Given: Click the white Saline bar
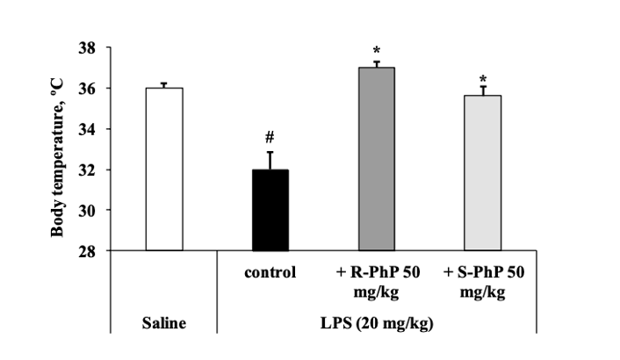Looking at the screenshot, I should point(164,169).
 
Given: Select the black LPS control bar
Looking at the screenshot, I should point(270,211).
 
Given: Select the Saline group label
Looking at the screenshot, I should point(164,324).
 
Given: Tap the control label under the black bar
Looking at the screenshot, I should point(270,272).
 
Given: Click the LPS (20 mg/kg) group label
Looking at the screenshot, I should point(376,324).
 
